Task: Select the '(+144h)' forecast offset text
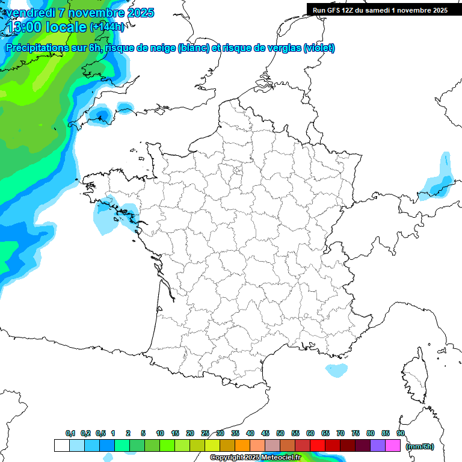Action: [107, 26]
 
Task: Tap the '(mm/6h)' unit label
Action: [420, 446]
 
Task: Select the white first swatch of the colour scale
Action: [61, 446]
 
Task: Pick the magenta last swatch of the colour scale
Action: [393, 446]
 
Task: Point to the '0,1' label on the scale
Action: [70, 433]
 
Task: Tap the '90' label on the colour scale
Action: [400, 433]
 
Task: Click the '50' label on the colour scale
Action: [280, 433]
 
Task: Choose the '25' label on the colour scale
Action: [205, 433]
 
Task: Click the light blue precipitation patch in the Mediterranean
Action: [336, 369]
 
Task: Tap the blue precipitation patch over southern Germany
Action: [437, 183]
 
